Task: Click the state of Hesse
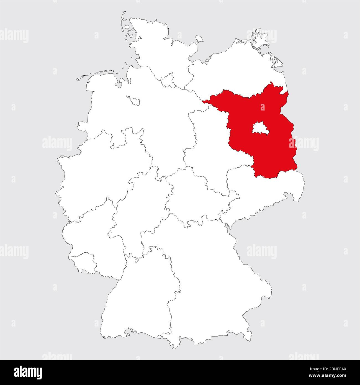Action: point(138,211)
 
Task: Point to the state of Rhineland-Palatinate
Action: point(89,230)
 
